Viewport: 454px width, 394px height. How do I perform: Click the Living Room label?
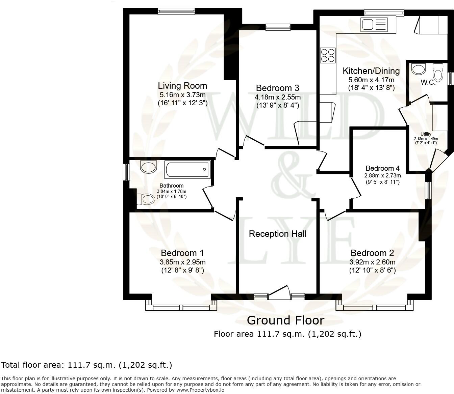pos(182,86)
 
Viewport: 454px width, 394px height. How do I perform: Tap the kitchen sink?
pos(374,25)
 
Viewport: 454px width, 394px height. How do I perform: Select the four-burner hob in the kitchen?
pos(328,55)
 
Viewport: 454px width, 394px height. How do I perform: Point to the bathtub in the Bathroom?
pos(187,170)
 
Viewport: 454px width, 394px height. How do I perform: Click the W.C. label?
pos(428,82)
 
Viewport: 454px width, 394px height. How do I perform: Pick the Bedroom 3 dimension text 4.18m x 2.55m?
pos(278,97)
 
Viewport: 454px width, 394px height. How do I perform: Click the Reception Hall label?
pos(278,234)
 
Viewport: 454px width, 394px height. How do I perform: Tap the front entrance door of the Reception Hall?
pos(279,292)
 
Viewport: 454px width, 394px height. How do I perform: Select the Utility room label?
pos(426,134)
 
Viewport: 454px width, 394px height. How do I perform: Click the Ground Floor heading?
pos(285,320)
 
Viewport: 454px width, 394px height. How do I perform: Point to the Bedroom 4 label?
pos(382,168)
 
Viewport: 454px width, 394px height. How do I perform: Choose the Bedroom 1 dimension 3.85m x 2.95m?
pos(182,262)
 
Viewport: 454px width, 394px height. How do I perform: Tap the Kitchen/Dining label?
pos(371,71)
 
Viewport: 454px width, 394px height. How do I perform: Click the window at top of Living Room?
pos(176,11)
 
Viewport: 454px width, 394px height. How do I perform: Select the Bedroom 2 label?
pos(372,253)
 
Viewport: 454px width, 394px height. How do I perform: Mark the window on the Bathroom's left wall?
pos(126,172)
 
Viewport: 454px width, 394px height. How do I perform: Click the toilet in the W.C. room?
pos(438,72)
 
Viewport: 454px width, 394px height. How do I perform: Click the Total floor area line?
pos(86,365)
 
